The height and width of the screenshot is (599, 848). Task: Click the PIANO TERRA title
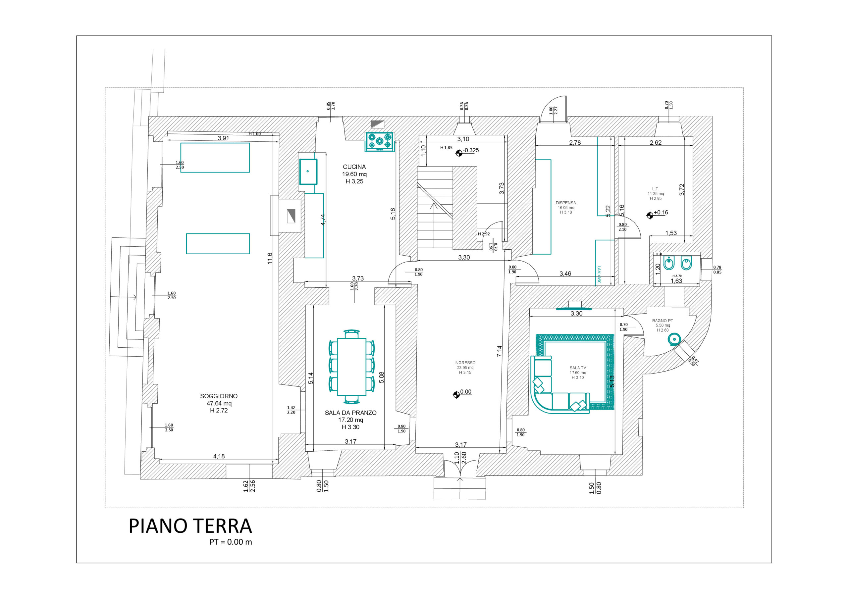click(x=190, y=526)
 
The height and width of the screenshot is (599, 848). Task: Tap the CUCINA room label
click(x=354, y=167)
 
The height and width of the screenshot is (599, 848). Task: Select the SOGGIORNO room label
click(x=219, y=396)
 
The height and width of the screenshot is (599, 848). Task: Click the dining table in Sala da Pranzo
click(x=351, y=367)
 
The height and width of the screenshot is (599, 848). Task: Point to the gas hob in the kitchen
click(x=379, y=141)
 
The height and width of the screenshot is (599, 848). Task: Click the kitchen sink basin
click(x=308, y=172)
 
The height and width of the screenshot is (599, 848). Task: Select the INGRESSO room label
click(x=465, y=363)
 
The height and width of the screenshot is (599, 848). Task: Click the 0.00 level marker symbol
click(x=456, y=395)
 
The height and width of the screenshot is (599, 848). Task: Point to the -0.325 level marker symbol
click(x=459, y=153)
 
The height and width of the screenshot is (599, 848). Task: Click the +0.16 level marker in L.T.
click(x=650, y=215)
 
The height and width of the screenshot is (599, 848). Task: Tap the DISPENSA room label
click(x=565, y=203)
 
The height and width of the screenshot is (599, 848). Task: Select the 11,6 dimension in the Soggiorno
click(x=270, y=258)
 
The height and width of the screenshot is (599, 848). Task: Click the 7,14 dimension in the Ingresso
click(x=499, y=351)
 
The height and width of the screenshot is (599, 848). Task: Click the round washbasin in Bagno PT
click(x=674, y=339)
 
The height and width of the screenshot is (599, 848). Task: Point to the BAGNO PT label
click(x=662, y=321)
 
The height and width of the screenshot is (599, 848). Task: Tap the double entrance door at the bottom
click(x=460, y=468)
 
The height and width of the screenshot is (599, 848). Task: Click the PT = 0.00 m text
click(x=231, y=542)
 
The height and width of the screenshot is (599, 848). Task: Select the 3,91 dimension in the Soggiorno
click(x=223, y=138)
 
